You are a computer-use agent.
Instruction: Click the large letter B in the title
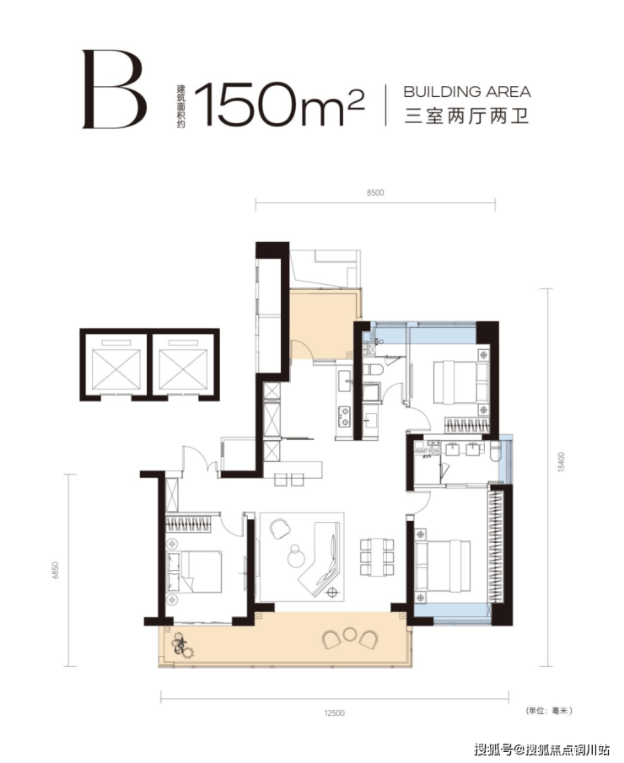coord(115,89)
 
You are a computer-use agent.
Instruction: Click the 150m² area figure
coord(279,104)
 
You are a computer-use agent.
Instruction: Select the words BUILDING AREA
coord(467,92)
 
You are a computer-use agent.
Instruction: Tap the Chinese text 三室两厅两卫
coord(467,117)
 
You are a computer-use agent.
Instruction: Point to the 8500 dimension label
coord(375,193)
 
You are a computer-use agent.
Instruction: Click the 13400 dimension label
coord(562,462)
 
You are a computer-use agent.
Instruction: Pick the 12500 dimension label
coord(334,712)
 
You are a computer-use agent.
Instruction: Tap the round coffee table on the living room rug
coord(295,556)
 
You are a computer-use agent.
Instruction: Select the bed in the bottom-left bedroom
coord(194,572)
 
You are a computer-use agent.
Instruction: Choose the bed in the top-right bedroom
coord(460,381)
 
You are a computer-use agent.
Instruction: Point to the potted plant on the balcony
coord(182,644)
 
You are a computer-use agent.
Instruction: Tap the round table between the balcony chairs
coord(349,634)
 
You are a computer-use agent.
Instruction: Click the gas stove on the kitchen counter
coord(344,416)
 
